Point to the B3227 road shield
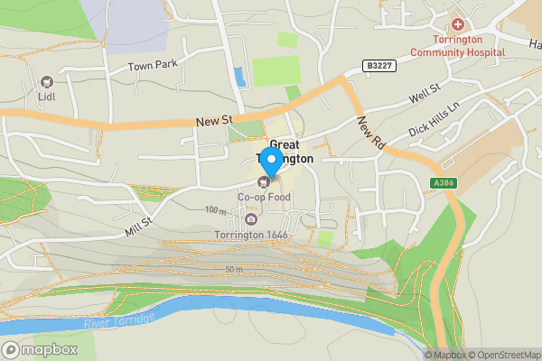pyautogui.click(x=380, y=66)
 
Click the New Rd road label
pyautogui.click(x=371, y=133)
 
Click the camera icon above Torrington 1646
pyautogui.click(x=250, y=220)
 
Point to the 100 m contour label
pyautogui.click(x=216, y=209)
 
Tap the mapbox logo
pyautogui.click(x=38, y=349)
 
